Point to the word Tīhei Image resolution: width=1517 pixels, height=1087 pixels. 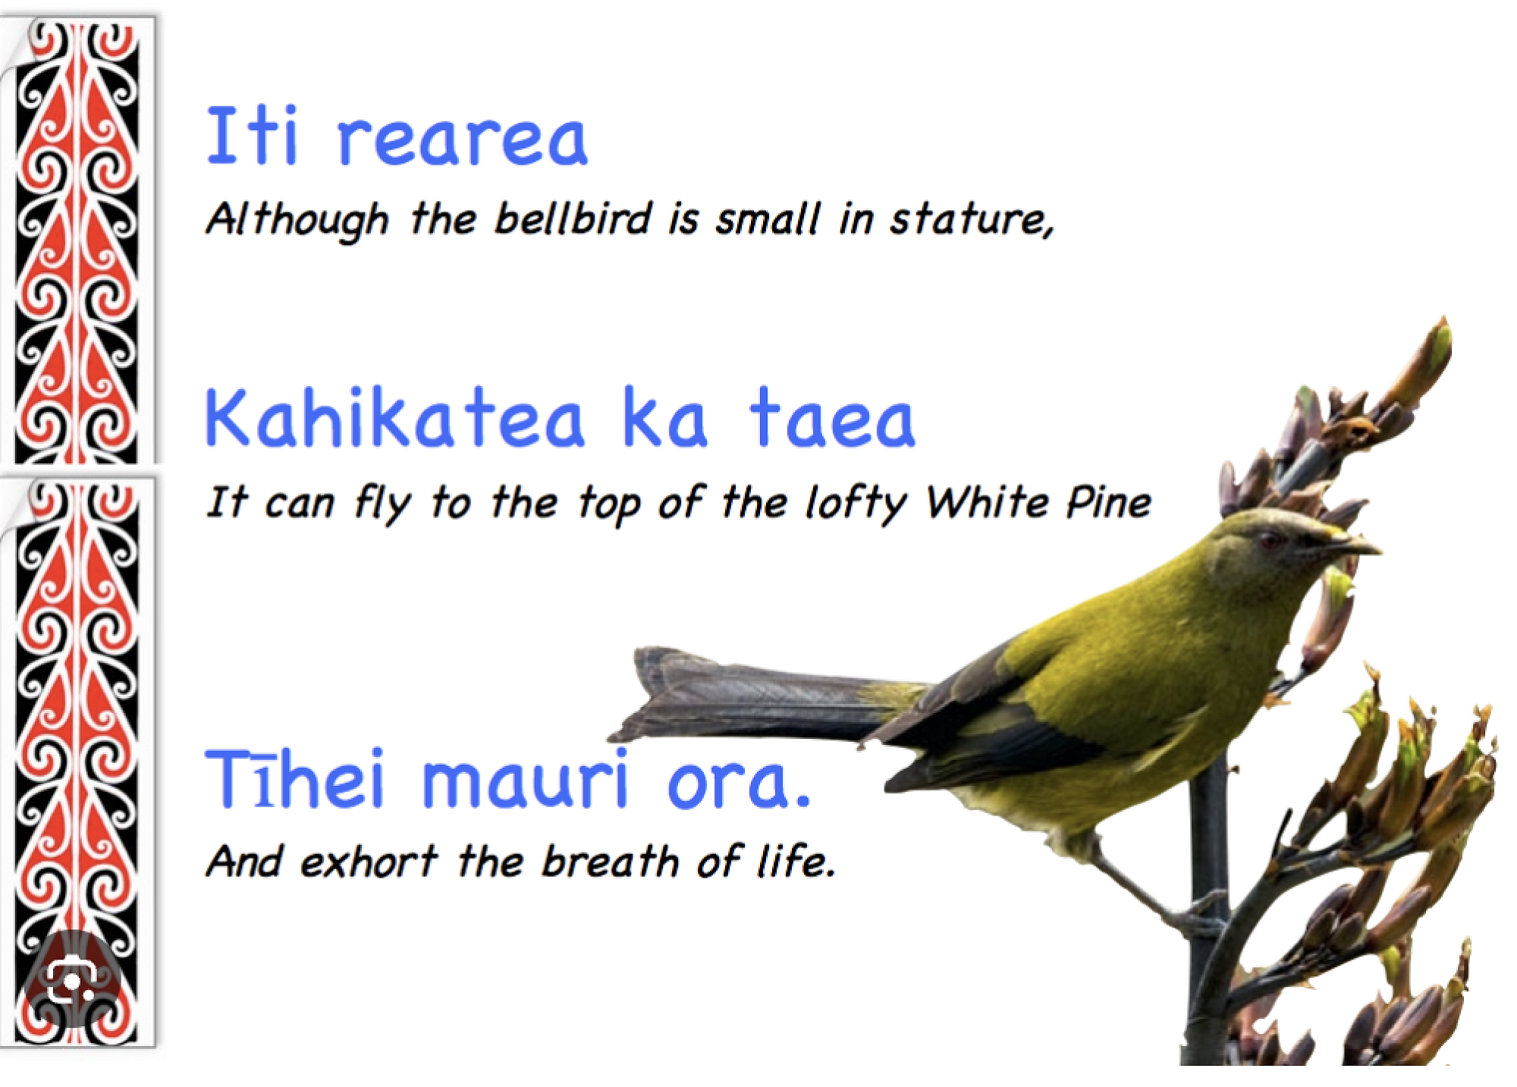click(x=295, y=777)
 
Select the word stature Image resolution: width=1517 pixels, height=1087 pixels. click(x=972, y=220)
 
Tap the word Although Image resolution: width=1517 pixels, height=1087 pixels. click(x=297, y=220)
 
